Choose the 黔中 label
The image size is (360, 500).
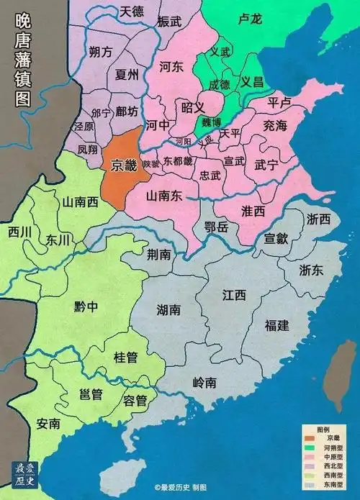(86, 307)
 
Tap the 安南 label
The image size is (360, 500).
(48, 423)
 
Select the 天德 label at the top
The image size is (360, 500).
(132, 11)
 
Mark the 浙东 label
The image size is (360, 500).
(312, 271)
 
